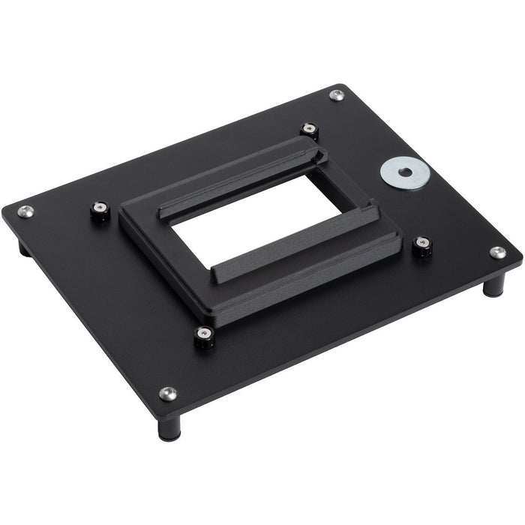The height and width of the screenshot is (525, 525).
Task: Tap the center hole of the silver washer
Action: (x=404, y=172)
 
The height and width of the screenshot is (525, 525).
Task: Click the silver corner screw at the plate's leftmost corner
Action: (x=25, y=211)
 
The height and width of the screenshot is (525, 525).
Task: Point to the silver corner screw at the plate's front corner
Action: (x=168, y=393)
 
